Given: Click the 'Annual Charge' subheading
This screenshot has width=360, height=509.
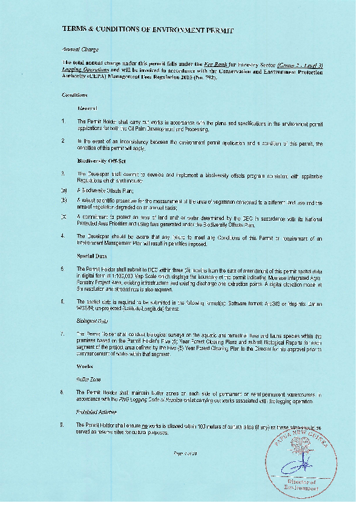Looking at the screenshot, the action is (x=76, y=49).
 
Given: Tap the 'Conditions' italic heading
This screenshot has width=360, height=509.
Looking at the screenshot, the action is (x=74, y=95).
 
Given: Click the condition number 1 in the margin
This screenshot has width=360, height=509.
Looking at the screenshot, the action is (x=63, y=121).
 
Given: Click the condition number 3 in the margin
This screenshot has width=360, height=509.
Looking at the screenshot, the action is (x=63, y=173).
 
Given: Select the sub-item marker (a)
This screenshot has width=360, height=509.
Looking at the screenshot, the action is (x=64, y=189).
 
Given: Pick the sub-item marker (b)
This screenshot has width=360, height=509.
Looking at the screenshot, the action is (x=64, y=199).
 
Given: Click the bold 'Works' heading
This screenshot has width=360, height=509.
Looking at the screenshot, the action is (x=85, y=366).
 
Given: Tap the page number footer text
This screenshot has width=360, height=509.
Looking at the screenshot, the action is (x=182, y=453).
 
